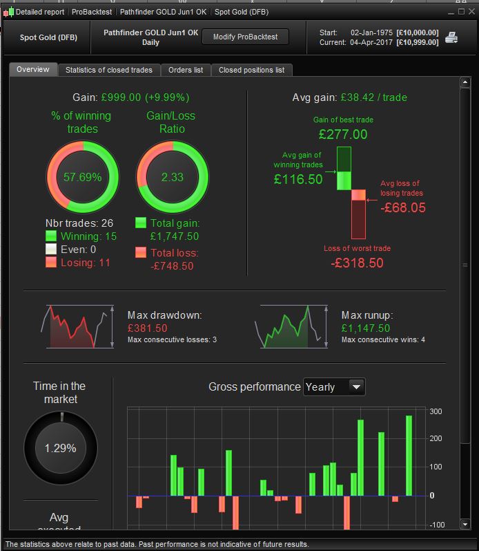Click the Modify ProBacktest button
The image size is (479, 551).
coord(245,37)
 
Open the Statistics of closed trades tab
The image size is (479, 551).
coord(109,70)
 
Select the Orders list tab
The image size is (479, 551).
coord(186,70)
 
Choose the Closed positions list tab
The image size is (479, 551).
coord(251,70)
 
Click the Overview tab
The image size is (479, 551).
coord(33,70)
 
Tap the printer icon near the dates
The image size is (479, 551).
coord(451,37)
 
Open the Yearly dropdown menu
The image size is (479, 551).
coord(334,387)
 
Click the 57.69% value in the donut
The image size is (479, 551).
coord(82,177)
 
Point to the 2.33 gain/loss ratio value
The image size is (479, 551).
coord(172,177)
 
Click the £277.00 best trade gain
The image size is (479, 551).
coord(343,134)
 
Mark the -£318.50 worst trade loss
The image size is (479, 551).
coord(356,263)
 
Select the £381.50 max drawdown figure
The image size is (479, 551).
coord(148,328)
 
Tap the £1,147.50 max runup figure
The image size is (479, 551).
coord(366,328)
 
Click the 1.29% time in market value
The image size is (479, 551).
coord(61,448)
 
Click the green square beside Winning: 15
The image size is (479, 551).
coord(51,236)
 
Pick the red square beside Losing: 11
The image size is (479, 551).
coord(51,262)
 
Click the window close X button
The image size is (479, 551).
coord(471,12)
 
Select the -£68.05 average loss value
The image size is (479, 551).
coord(403,207)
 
